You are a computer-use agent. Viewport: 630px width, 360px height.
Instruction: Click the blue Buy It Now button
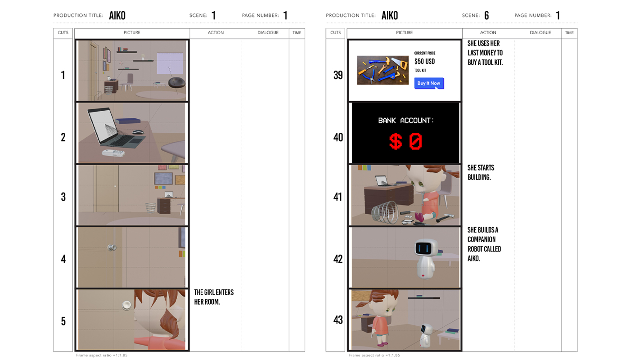coord(429,83)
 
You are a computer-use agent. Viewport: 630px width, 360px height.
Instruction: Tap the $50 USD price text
coord(424,61)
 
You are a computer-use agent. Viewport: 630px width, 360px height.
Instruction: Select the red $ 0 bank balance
coord(405,141)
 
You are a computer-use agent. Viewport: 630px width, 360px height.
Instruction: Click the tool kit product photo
coord(383,70)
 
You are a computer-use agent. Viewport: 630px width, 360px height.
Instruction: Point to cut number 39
coord(338,75)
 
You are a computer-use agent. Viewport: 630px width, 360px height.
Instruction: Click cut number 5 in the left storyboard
coord(63,321)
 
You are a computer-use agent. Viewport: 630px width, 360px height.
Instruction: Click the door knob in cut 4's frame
coord(112,247)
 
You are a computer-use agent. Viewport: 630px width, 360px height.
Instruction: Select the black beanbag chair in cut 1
coord(176,82)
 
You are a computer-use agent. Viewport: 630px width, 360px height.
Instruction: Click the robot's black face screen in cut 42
coord(423,248)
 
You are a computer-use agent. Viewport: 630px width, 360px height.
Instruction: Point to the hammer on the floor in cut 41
coord(445,217)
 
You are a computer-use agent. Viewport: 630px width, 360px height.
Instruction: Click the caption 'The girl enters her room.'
coord(214,297)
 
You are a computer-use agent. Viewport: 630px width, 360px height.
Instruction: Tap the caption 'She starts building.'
coord(481,172)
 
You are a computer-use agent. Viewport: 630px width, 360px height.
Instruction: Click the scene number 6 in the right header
coord(486,15)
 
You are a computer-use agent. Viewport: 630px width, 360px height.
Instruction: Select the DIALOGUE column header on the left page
coord(268,32)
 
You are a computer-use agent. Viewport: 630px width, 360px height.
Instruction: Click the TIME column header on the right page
coord(569,32)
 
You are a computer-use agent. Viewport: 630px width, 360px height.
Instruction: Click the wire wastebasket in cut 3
coord(150,208)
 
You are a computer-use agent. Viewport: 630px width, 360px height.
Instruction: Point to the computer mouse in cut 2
coord(138,131)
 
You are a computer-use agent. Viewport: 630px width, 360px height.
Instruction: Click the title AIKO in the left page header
coord(117,15)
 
